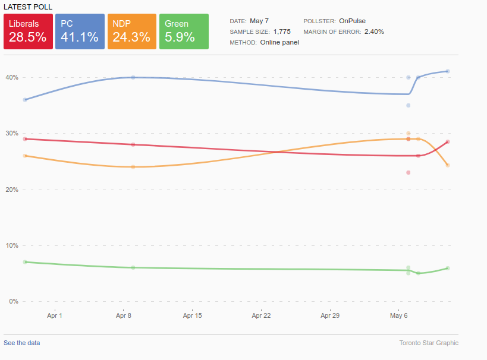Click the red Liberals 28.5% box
tap(28, 31)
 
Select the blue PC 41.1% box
tap(80, 31)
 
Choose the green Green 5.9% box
tap(184, 31)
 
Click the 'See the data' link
tap(22, 343)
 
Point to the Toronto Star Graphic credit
tap(429, 343)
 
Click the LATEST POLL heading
tap(27, 7)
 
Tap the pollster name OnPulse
tap(353, 20)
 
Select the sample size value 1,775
tap(282, 31)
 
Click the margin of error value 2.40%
tap(374, 31)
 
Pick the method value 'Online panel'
tap(279, 42)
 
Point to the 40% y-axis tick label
tap(12, 77)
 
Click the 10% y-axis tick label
tap(12, 245)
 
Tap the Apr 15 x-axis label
tap(193, 315)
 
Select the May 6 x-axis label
tap(398, 315)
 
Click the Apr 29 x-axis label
tap(330, 315)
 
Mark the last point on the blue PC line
tap(448, 71)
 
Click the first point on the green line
tap(25, 262)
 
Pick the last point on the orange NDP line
tap(448, 165)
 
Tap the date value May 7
tap(259, 20)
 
